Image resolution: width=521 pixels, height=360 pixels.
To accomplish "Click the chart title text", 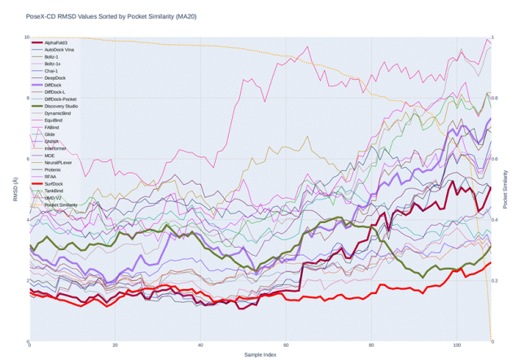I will point(99,15).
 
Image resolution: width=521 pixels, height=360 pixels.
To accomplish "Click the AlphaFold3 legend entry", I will point(56,42).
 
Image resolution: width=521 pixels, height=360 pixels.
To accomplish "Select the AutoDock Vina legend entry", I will point(59,50).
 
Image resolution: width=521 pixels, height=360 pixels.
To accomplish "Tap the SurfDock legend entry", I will point(55,184).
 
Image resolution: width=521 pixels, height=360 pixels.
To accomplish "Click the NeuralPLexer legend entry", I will point(59,163).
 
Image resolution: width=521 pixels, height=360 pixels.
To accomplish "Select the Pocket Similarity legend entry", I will point(61,205).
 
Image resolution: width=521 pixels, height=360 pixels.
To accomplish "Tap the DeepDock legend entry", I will point(55,77).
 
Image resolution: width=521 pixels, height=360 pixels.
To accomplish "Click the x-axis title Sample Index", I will point(260,354).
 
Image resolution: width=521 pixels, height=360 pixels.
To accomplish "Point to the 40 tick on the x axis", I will point(200,345).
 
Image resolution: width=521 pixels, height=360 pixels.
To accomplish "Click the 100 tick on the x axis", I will point(457,345).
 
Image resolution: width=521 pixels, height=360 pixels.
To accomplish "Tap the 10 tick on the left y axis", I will point(25,37).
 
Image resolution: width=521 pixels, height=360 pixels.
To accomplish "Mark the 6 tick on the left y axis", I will point(26,159).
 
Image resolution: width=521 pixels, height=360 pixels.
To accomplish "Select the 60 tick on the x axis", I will point(286,345).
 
